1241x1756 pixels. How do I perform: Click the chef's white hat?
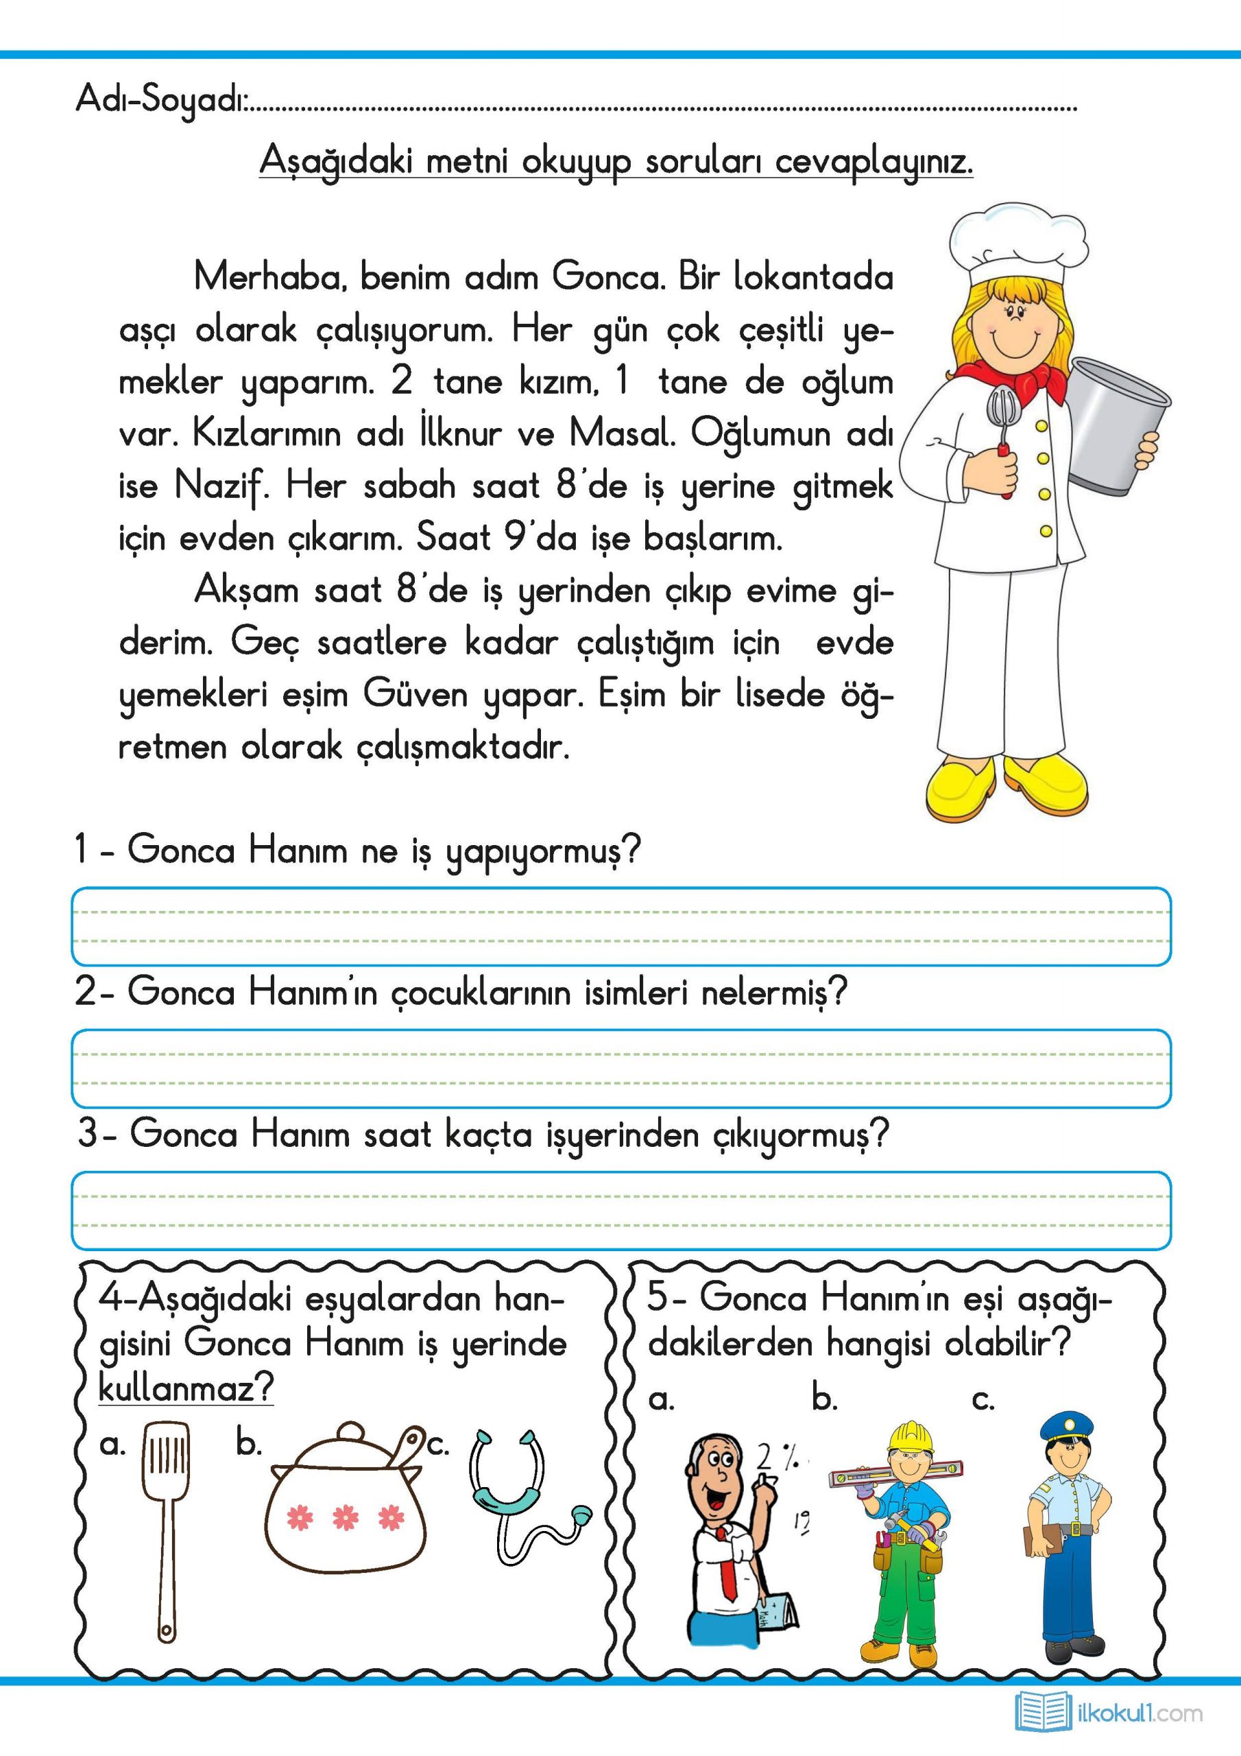click(1017, 241)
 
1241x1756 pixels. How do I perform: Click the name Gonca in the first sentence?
click(608, 277)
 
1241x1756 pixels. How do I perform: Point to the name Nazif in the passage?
click(221, 486)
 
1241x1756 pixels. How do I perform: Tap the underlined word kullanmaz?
click(186, 1388)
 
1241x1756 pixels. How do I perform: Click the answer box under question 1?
click(621, 926)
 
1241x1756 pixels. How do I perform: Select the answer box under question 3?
click(621, 1210)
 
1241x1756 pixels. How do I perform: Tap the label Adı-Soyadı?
click(160, 100)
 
